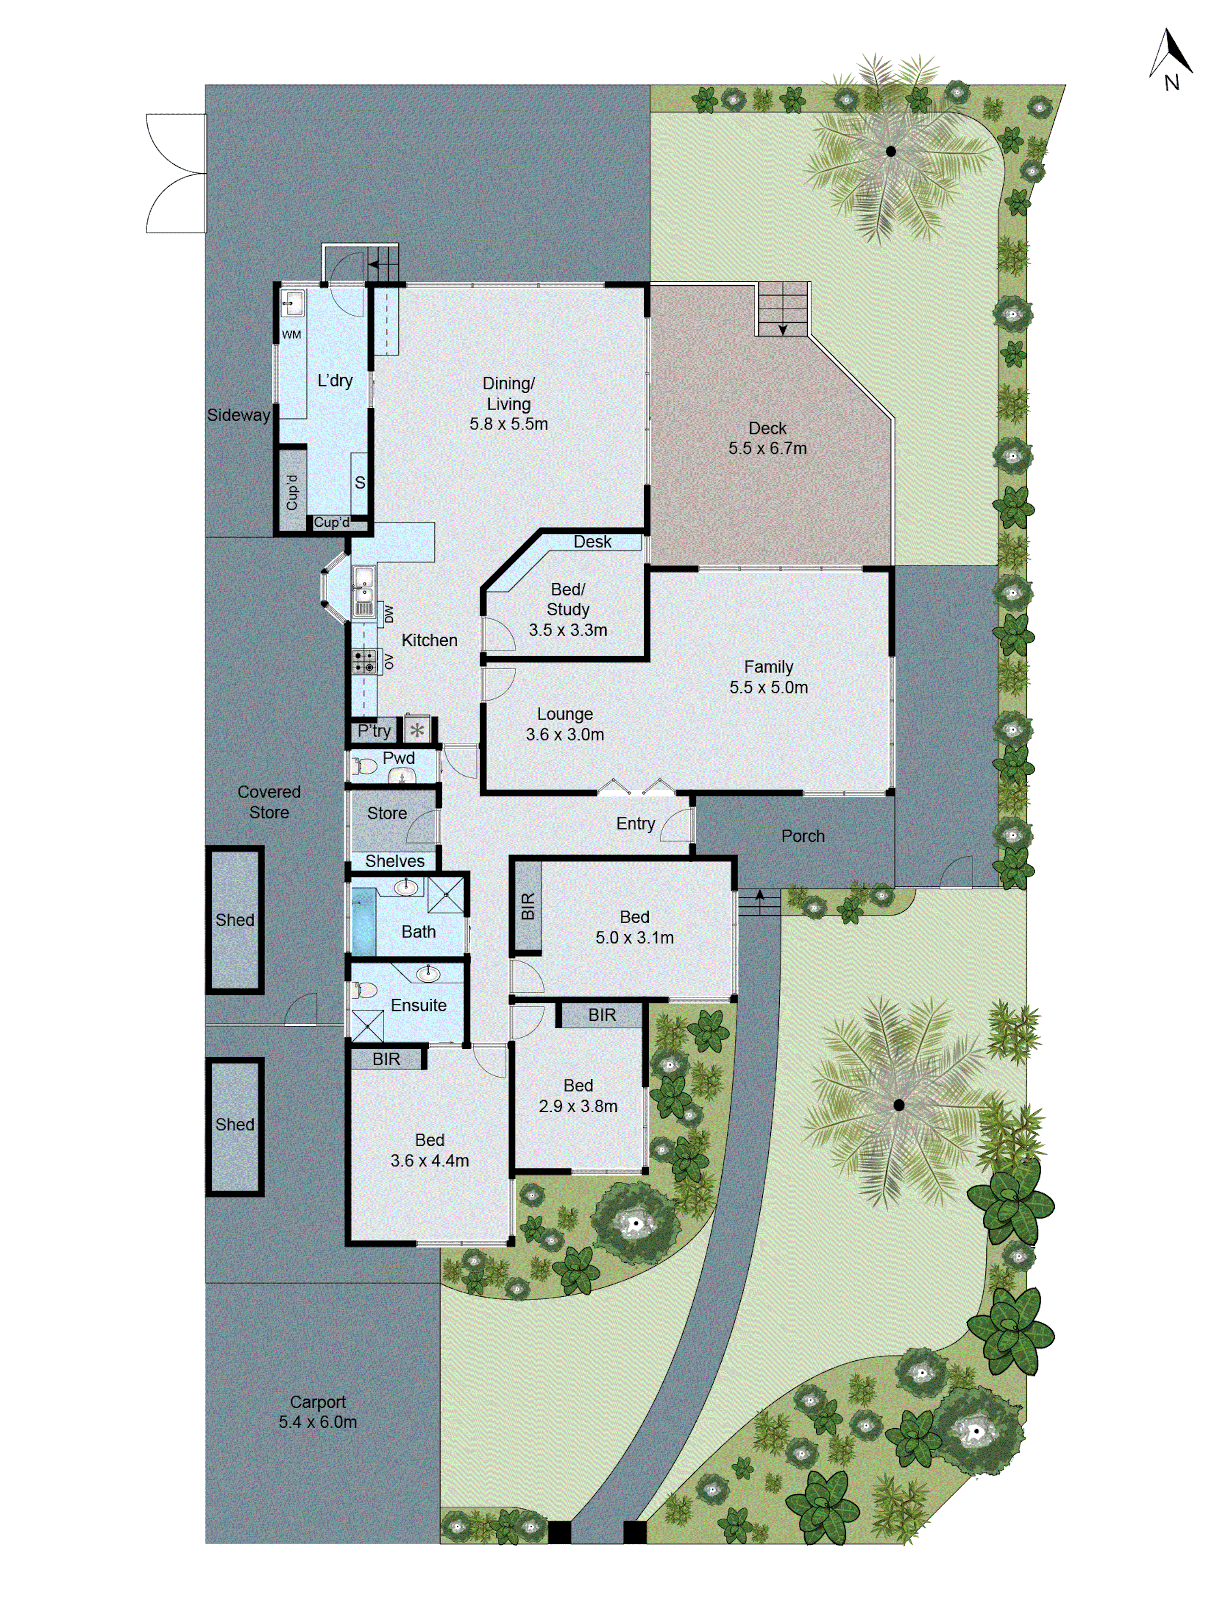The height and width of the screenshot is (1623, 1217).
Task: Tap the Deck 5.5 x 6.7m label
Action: click(x=768, y=438)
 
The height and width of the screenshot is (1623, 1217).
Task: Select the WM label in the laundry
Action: click(x=291, y=334)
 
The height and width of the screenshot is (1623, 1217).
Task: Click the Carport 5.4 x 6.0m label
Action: click(x=318, y=1412)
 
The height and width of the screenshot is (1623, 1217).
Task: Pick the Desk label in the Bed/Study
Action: click(x=592, y=541)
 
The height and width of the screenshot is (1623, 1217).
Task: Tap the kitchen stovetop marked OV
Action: click(x=364, y=661)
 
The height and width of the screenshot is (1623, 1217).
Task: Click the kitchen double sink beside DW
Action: click(x=364, y=591)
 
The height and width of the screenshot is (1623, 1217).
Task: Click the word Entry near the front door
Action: click(x=635, y=823)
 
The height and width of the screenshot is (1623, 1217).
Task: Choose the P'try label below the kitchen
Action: click(x=374, y=731)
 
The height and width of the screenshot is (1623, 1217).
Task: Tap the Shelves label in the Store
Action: click(x=395, y=861)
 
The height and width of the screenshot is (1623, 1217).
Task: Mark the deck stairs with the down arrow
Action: click(x=782, y=309)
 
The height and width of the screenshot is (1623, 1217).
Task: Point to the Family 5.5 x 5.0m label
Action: click(x=768, y=677)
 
